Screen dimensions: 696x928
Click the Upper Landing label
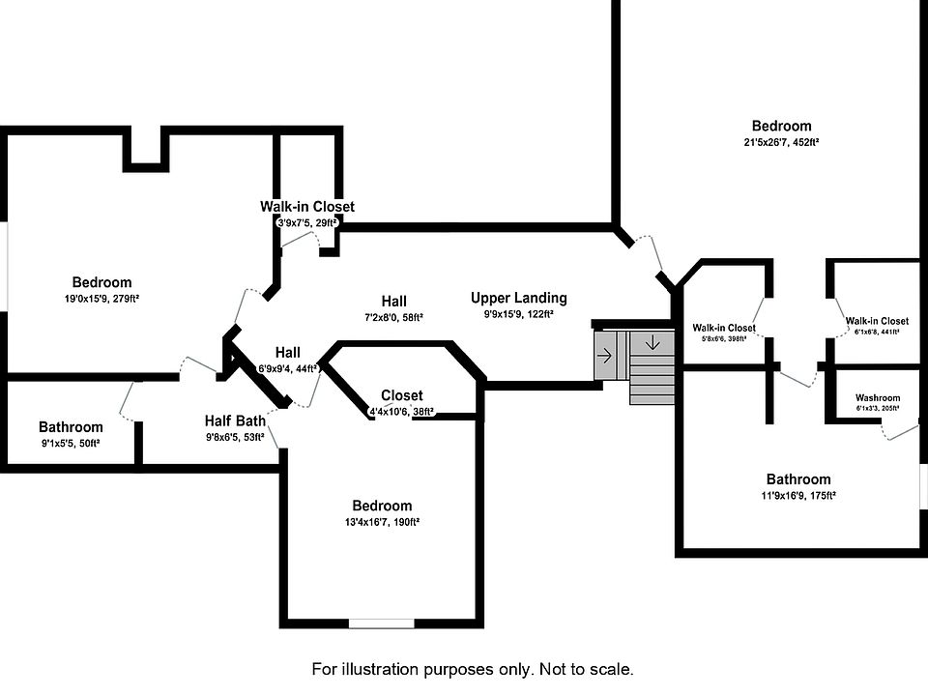519,298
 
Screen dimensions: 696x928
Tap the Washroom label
878,398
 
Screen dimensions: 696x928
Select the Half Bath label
235,421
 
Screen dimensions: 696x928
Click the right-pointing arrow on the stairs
605,355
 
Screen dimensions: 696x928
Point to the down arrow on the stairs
653,343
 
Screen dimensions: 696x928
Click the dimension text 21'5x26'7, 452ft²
781,142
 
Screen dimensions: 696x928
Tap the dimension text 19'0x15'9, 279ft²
102,300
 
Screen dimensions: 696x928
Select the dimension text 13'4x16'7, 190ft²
382,522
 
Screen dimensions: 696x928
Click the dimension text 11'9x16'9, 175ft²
798,496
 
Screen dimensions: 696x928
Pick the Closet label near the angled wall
401,395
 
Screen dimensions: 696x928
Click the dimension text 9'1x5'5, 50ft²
71,443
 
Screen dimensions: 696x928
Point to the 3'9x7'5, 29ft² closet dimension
307,222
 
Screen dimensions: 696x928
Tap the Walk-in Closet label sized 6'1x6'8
877,321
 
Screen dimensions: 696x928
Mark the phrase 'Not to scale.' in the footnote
583,669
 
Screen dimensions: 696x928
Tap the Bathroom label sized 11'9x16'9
798,479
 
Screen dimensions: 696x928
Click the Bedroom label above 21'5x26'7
782,126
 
